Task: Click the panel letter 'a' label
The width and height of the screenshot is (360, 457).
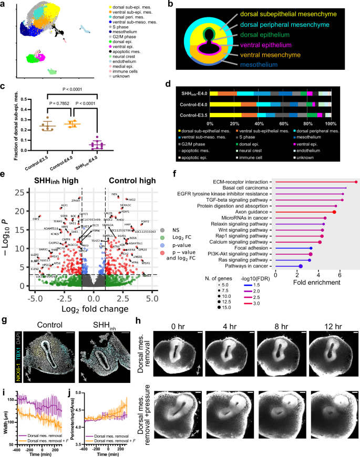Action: coord(4,4)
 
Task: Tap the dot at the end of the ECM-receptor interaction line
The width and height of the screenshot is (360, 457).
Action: coord(356,182)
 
